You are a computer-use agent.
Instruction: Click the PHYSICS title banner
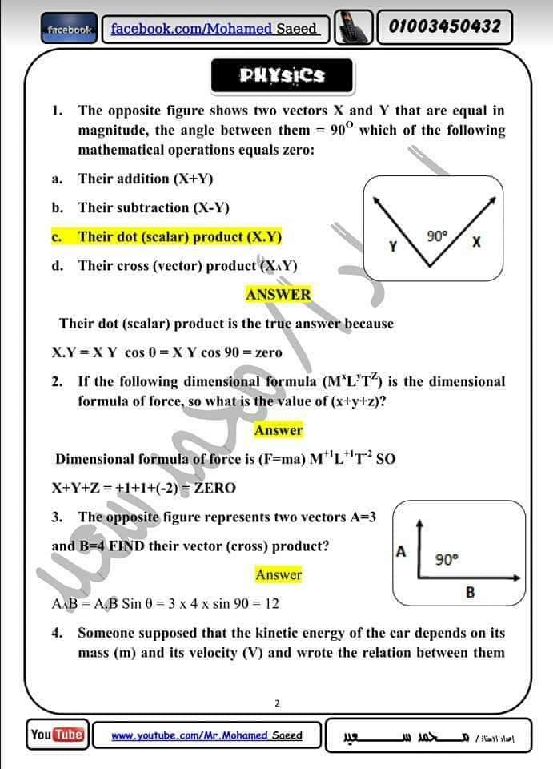(282, 75)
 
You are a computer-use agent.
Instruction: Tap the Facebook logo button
(70, 30)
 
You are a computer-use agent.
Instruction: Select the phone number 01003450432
(444, 27)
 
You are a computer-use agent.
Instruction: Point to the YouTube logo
(57, 734)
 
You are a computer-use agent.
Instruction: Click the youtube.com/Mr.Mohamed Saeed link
(206, 735)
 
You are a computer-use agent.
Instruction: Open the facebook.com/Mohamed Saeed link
(214, 29)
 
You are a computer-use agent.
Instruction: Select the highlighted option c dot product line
(179, 236)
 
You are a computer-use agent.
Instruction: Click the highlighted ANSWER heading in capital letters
(278, 294)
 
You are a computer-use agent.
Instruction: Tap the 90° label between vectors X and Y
(437, 236)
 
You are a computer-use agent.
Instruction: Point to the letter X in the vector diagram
(476, 240)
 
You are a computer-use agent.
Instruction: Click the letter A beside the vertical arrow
(401, 551)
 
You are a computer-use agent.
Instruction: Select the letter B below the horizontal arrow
(470, 592)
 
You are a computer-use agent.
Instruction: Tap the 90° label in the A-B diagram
(447, 559)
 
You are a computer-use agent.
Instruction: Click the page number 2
(277, 703)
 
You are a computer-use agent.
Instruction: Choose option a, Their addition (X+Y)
(146, 179)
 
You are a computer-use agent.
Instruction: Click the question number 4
(57, 633)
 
